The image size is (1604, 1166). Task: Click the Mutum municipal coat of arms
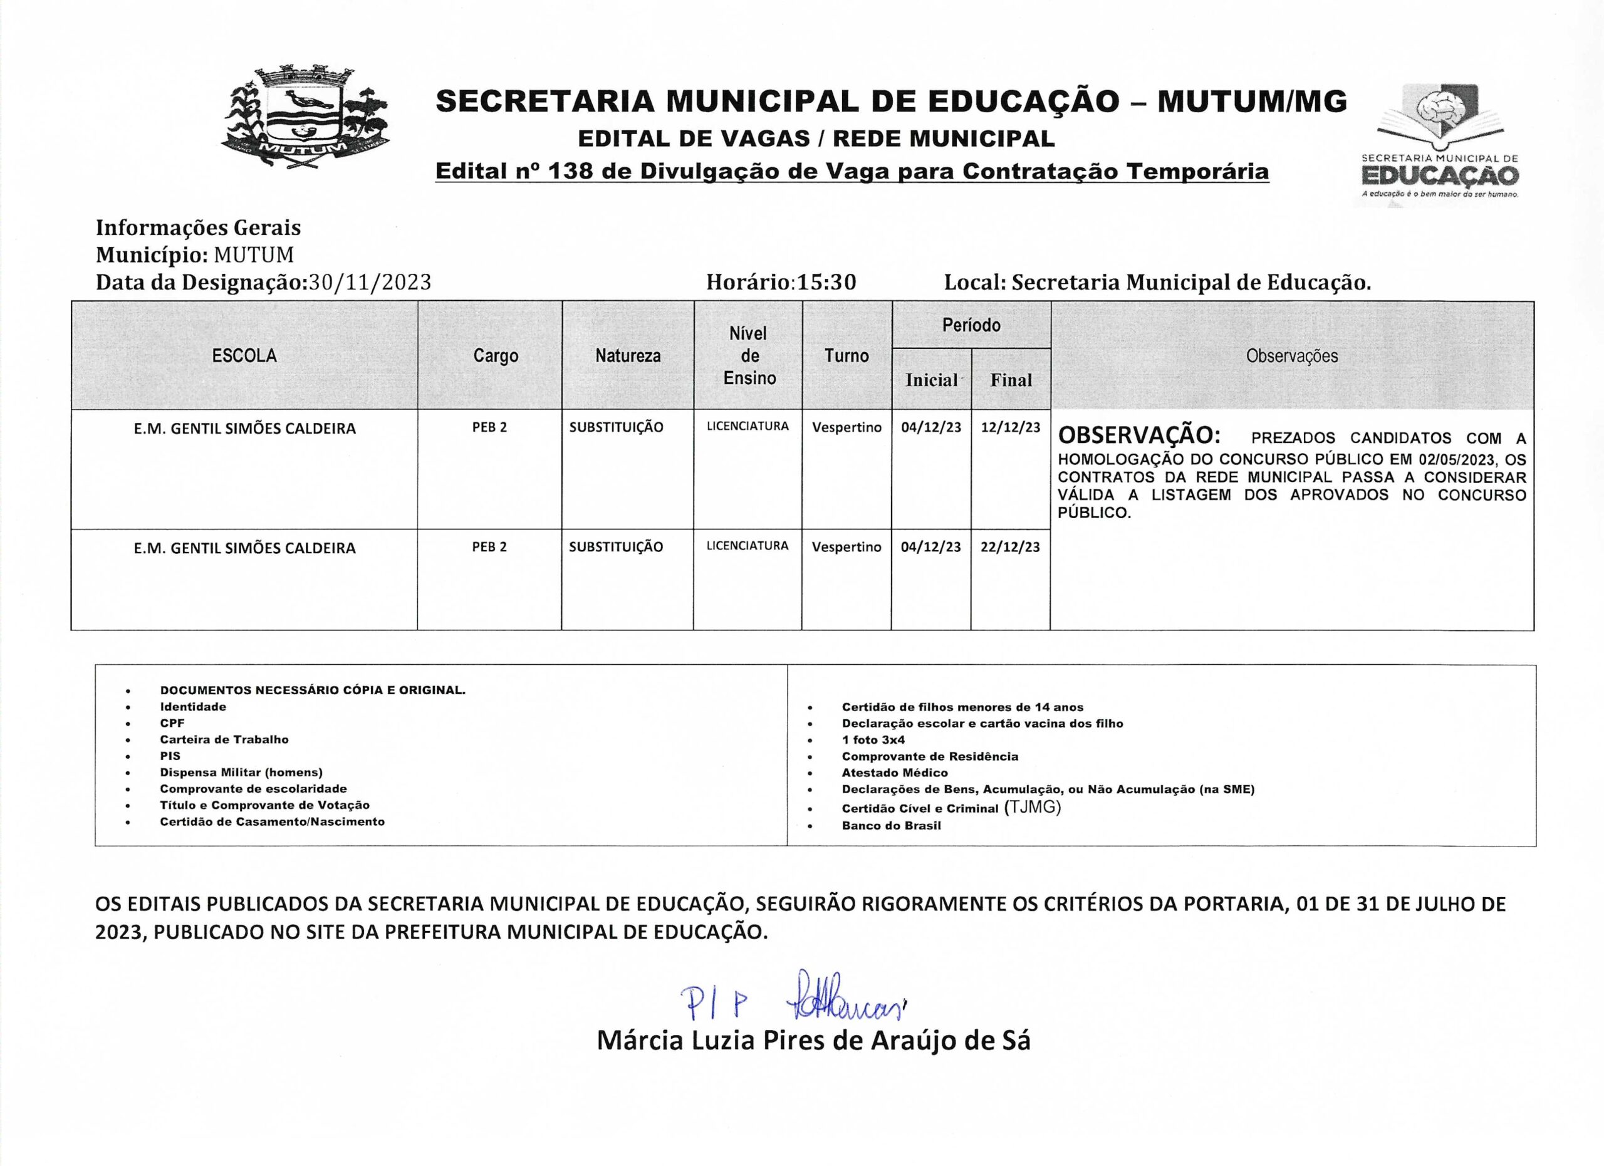pyautogui.click(x=306, y=117)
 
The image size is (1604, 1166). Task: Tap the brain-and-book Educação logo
pyautogui.click(x=1440, y=142)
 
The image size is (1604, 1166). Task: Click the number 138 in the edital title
pyautogui.click(x=570, y=171)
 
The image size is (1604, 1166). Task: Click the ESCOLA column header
pyautogui.click(x=244, y=356)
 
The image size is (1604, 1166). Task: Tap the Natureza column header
pyautogui.click(x=627, y=356)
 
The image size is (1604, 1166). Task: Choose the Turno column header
pyautogui.click(x=846, y=356)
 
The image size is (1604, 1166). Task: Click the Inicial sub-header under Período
pyautogui.click(x=930, y=380)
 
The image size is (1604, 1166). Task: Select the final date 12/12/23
pyautogui.click(x=1010, y=428)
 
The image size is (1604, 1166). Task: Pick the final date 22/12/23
pyautogui.click(x=1010, y=548)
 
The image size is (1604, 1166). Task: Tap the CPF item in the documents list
pyautogui.click(x=172, y=724)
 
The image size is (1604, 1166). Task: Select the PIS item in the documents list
pyautogui.click(x=170, y=756)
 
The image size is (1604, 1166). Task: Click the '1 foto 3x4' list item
pyautogui.click(x=873, y=739)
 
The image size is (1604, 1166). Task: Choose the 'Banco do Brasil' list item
pyautogui.click(x=891, y=826)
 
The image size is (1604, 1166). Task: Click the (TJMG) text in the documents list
pyautogui.click(x=1033, y=808)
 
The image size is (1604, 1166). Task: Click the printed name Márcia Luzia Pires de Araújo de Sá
pyautogui.click(x=813, y=1041)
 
